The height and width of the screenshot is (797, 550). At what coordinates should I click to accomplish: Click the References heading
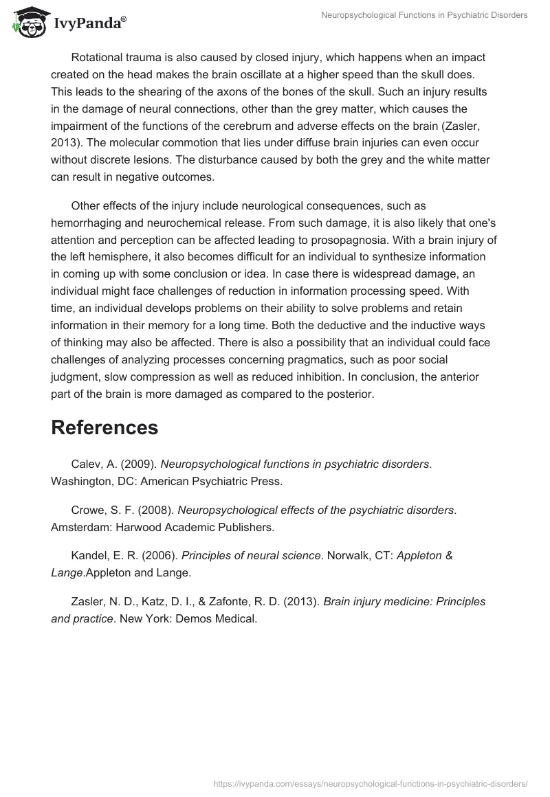pos(104,427)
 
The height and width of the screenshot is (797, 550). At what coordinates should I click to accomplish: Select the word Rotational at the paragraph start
pos(98,58)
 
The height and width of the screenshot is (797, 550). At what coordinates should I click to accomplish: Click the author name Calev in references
pos(85,464)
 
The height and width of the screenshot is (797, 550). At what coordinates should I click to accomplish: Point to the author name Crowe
pos(88,510)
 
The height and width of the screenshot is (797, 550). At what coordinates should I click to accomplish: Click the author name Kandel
pos(89,555)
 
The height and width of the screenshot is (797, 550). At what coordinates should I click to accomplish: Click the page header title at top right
pos(424,15)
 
